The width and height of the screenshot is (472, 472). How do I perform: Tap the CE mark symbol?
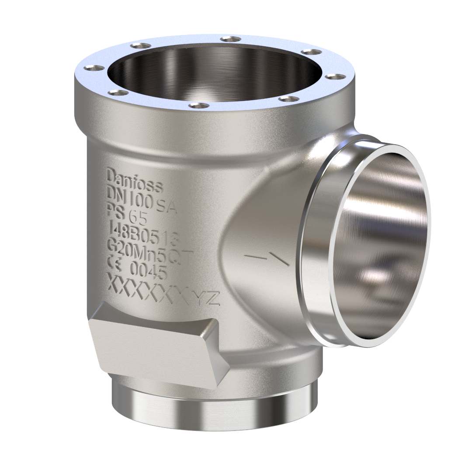click(114, 261)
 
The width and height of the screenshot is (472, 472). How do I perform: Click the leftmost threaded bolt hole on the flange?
click(94, 68)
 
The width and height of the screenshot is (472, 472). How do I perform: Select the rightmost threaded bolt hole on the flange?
click(335, 76)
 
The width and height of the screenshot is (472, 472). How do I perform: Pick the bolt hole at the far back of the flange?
click(230, 39)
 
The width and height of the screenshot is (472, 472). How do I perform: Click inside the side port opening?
click(385, 245)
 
